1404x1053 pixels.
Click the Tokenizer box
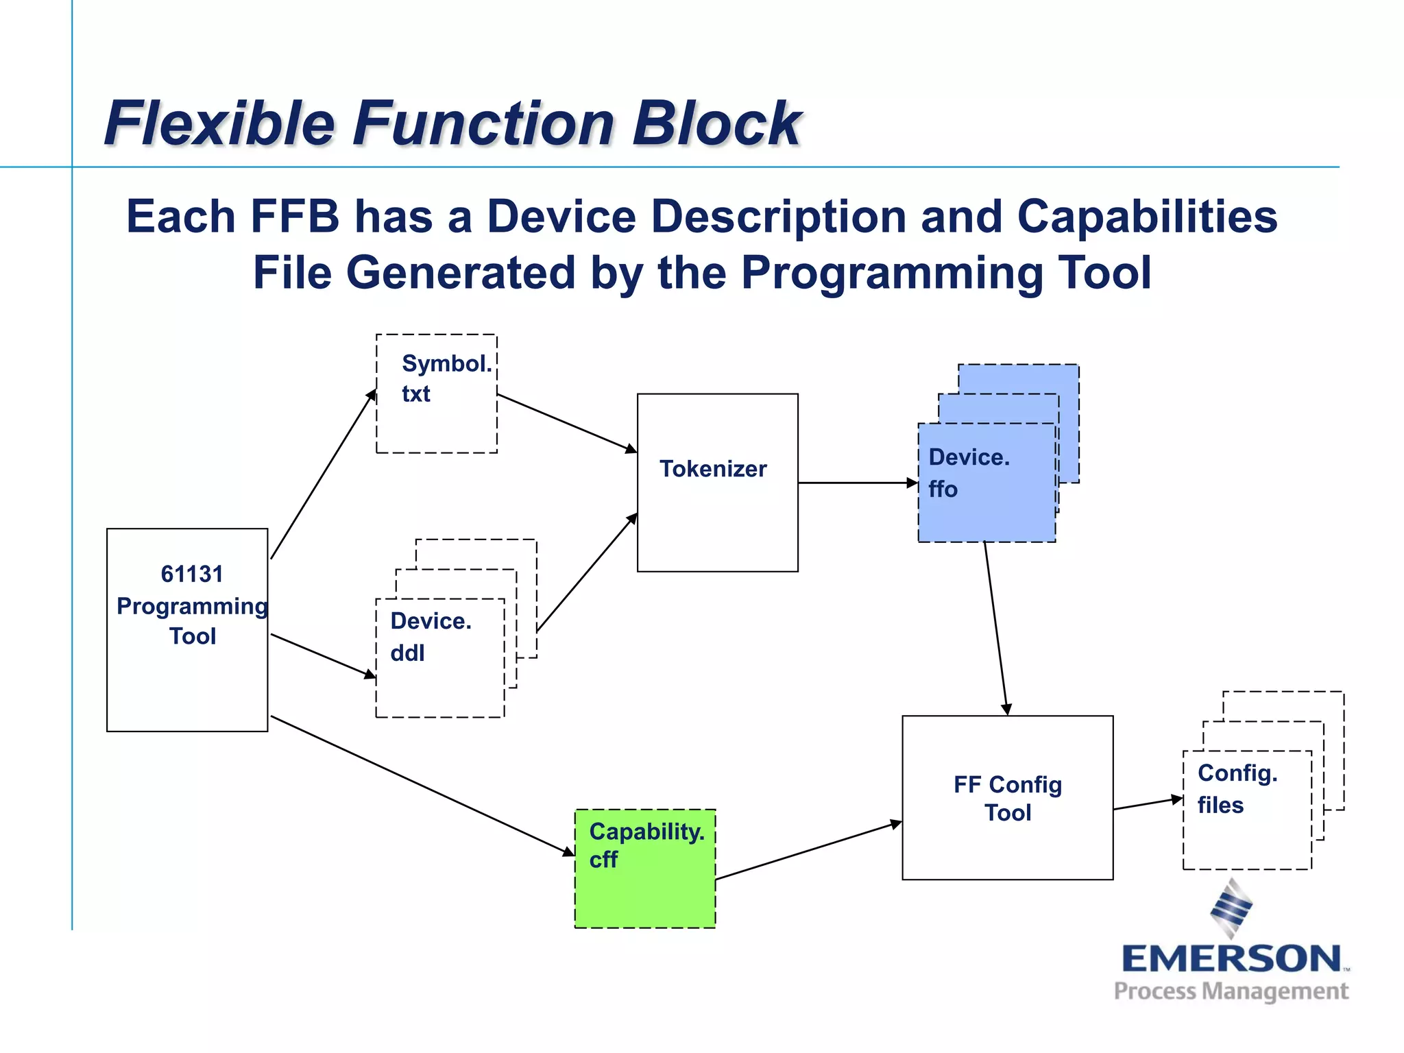click(x=717, y=482)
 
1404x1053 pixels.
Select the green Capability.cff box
click(x=645, y=869)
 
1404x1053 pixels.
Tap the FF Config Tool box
click(x=1007, y=797)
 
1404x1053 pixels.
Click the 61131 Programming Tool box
click(x=187, y=629)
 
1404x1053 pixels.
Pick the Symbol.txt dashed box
click(x=437, y=394)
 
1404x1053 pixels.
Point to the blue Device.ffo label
click(x=969, y=473)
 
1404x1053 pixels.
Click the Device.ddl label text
click(x=431, y=636)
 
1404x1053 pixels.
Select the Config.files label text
click(x=1237, y=788)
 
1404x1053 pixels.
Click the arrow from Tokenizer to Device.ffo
click(x=857, y=483)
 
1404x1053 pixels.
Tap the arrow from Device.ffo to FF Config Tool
click(x=995, y=627)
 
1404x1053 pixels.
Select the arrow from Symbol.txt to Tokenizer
click(x=567, y=422)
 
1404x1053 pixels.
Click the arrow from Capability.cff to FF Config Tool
click(x=809, y=850)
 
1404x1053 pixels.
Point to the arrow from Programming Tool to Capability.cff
click(x=422, y=786)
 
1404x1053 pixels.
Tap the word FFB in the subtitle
click(x=295, y=217)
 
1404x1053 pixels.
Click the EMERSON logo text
click(x=1231, y=959)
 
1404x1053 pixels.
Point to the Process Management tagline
click(x=1231, y=991)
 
